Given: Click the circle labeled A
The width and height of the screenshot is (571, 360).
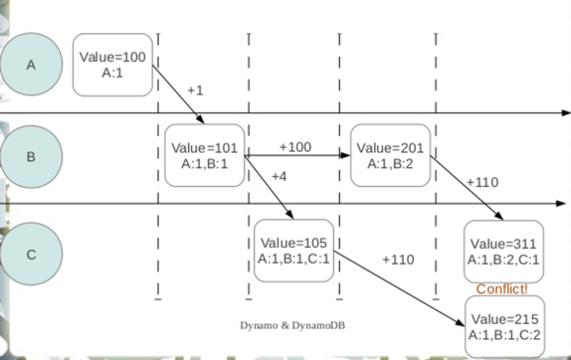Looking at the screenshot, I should point(31,65).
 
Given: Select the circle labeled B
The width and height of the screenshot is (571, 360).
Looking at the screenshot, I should point(31,156).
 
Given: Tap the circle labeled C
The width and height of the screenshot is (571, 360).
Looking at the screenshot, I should point(31,254).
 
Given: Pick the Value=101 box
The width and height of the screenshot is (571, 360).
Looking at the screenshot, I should point(205,156).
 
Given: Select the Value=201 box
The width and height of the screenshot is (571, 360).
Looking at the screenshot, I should point(389,156).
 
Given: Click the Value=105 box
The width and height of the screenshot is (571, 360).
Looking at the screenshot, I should point(293,251).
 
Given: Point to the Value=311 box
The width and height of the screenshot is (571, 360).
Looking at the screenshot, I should point(503,251).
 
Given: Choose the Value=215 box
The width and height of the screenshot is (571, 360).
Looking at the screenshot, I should point(503,326).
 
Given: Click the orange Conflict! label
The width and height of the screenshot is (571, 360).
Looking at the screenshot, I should point(502,289).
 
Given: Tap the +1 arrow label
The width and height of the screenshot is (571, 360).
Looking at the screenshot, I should point(195,90).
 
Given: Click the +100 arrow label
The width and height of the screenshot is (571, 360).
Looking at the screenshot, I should point(294,146).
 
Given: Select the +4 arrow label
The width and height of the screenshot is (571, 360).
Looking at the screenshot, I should point(279,177).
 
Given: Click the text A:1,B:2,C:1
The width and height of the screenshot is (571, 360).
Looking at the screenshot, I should point(503,260).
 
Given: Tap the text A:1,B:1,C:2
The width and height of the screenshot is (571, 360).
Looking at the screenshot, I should point(503,334).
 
